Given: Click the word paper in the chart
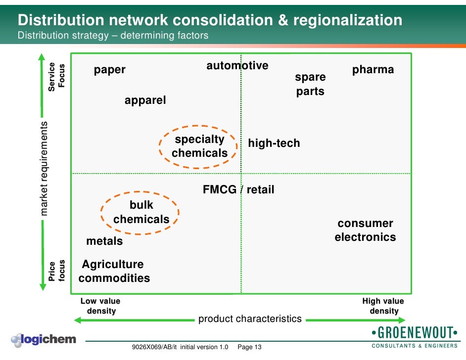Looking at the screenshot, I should tap(110, 70).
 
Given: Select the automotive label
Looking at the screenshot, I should tap(237, 66).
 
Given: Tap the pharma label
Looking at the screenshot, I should tap(373, 70).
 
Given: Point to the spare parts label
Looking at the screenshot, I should tap(310, 84).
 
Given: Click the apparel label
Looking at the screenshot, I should tap(145, 100).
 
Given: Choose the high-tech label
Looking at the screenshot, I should tap(274, 143).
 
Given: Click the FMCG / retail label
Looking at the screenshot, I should tap(238, 189).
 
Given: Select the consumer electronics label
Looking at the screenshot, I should tap(365, 230).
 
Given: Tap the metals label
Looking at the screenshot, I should tap(104, 241).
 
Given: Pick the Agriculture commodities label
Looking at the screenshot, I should tap(114, 271).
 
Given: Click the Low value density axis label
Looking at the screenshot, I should tap(101, 306).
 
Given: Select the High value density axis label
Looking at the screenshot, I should tap(383, 306).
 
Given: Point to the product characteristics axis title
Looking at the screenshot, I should tap(250, 319).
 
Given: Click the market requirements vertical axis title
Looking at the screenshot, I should tap(45, 168).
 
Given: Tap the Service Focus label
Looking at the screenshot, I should tap(56, 77).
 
